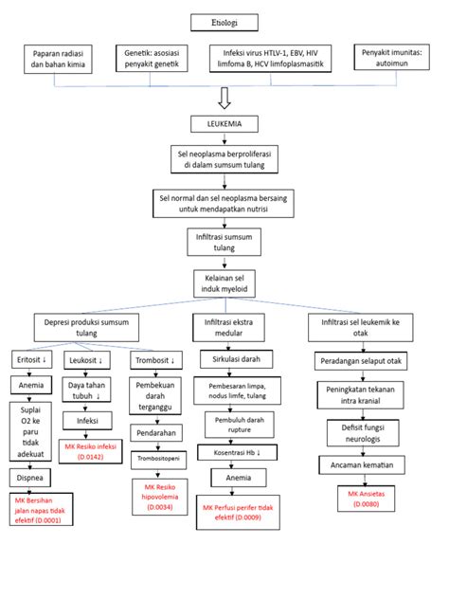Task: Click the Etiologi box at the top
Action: tap(224, 21)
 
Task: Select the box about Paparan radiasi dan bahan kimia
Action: tap(56, 61)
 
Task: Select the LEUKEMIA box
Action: tap(224, 124)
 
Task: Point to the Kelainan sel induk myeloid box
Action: tap(224, 281)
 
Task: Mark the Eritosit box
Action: tap(32, 360)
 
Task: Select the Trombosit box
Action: tap(153, 360)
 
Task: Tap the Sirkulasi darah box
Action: tap(236, 360)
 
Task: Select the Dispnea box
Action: tap(34, 480)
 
